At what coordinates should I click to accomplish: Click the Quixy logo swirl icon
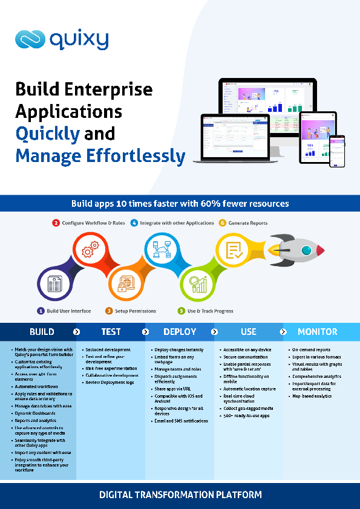(x=30, y=40)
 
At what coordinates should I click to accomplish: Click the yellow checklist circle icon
(x=234, y=248)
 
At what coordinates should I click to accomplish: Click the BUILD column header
(x=42, y=332)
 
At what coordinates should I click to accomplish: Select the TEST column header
(x=111, y=332)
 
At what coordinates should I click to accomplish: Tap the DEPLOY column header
(x=180, y=332)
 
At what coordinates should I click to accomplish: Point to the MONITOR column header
(x=318, y=332)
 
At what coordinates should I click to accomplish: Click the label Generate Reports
(x=247, y=223)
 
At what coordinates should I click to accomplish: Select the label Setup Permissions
(x=136, y=311)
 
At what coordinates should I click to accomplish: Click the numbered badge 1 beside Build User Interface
(x=41, y=311)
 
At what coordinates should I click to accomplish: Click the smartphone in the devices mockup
(x=336, y=151)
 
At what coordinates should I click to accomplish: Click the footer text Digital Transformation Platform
(x=180, y=494)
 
